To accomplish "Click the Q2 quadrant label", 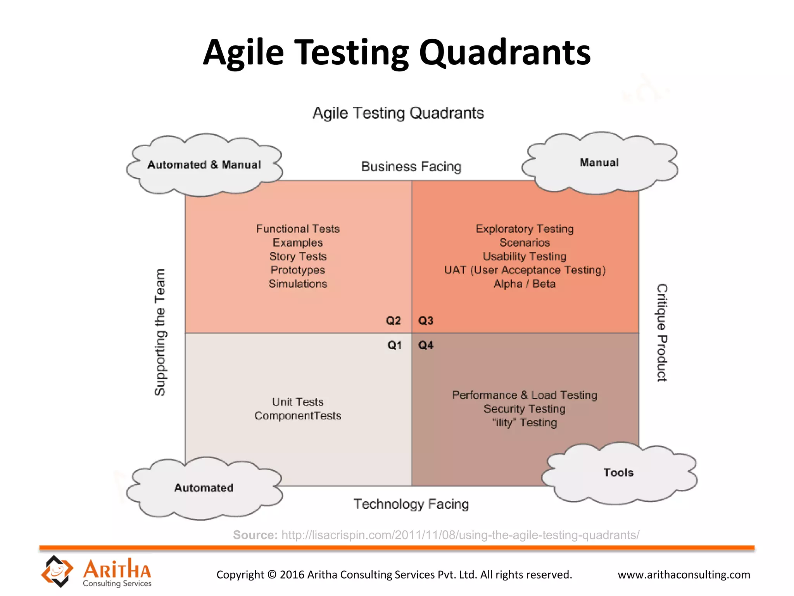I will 393,321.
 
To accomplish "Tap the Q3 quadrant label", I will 426,321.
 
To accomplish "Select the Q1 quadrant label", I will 395,345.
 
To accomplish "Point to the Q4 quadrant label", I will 426,345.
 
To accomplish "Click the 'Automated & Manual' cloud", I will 204,165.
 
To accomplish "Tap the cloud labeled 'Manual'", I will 599,163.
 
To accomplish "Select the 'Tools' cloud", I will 619,473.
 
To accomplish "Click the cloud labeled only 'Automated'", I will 204,488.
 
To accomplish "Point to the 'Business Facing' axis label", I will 411,167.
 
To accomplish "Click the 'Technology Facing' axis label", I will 411,504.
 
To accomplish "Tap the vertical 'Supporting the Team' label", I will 160,332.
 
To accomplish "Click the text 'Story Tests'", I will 298,256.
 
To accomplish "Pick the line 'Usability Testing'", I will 525,256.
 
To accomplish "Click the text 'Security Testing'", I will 525,409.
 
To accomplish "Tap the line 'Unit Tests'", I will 298,402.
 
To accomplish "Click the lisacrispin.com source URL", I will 460,535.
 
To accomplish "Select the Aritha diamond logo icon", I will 57,571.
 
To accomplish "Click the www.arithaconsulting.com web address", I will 684,575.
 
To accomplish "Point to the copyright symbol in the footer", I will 272,575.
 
